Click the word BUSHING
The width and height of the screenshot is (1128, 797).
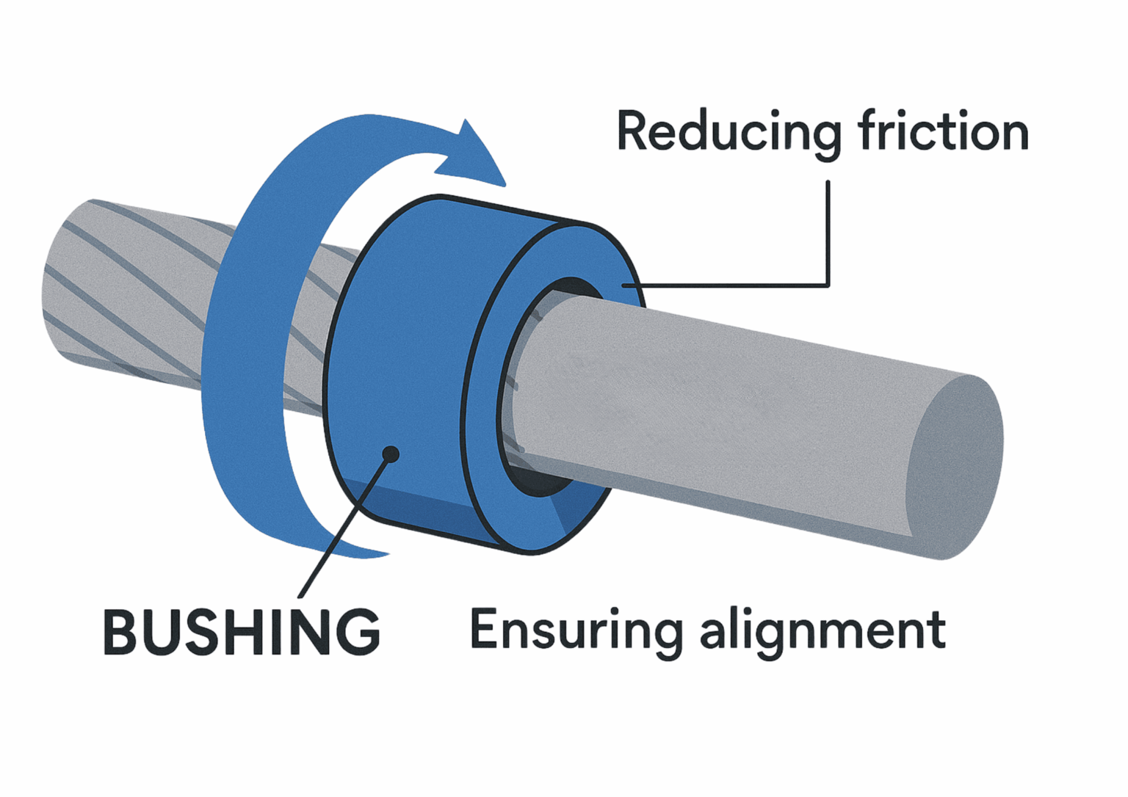coord(242,632)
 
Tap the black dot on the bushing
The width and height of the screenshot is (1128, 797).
coord(391,454)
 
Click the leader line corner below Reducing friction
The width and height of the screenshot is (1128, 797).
coord(828,285)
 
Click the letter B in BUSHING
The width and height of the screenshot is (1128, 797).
coord(120,632)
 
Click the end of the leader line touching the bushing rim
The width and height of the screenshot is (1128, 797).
coord(624,285)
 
